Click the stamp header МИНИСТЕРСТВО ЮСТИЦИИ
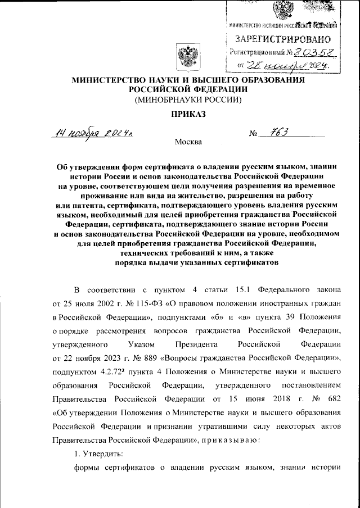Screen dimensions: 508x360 click(258, 25)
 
